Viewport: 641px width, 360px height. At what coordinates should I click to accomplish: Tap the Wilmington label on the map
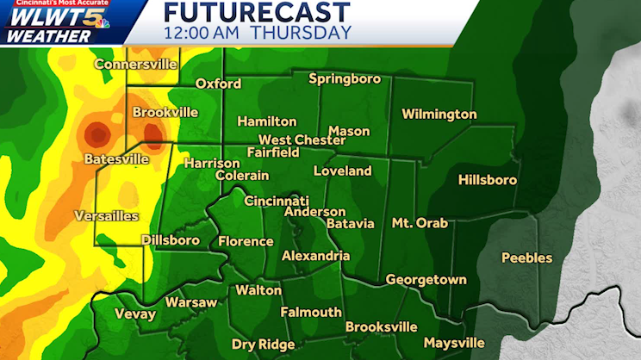click(x=439, y=115)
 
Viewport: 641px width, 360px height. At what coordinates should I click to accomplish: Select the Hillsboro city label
click(x=487, y=180)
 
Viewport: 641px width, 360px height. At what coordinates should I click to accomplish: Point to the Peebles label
click(x=526, y=258)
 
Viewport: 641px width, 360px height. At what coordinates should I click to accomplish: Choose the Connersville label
click(x=135, y=64)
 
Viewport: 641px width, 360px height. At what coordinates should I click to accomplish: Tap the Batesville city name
click(x=116, y=159)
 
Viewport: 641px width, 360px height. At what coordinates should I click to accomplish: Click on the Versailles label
click(x=107, y=215)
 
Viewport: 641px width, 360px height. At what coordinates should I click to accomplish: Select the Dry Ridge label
click(x=263, y=344)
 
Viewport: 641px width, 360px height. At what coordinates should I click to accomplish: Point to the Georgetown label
click(x=426, y=280)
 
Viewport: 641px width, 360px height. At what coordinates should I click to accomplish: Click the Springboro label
click(x=345, y=79)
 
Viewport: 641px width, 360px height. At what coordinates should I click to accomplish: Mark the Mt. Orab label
click(x=420, y=223)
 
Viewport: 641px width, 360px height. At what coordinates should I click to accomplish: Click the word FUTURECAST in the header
click(x=257, y=12)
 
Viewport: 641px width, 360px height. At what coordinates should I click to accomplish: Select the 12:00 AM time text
click(x=203, y=33)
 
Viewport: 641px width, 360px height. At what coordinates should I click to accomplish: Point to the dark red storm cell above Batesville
click(x=96, y=134)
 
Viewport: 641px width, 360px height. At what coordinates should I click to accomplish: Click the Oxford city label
click(x=218, y=84)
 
